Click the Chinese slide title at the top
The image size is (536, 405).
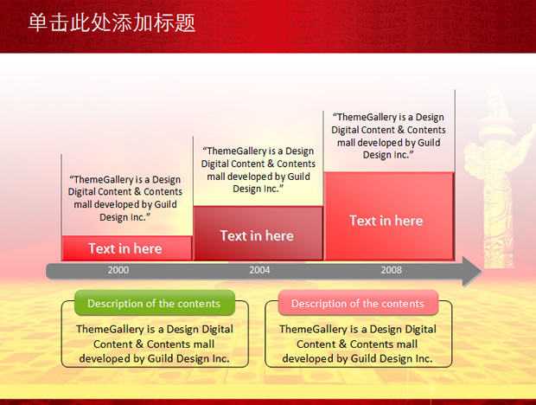(x=112, y=22)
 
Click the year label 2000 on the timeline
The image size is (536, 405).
(x=118, y=270)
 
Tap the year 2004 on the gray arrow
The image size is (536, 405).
(x=259, y=270)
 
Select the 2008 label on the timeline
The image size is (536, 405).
(x=392, y=270)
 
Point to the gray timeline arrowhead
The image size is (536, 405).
(x=472, y=272)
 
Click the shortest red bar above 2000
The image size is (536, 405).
(x=127, y=248)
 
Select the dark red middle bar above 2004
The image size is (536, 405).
(x=258, y=233)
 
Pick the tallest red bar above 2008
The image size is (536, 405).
(x=389, y=216)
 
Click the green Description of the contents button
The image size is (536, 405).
(x=155, y=303)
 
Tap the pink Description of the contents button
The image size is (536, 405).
(x=358, y=303)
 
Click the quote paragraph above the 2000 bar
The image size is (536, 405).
(x=125, y=198)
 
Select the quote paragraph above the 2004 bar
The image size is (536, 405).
(x=258, y=170)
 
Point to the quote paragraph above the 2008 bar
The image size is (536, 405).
(x=388, y=136)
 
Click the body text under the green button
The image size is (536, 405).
(x=155, y=344)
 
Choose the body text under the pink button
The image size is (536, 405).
(x=358, y=344)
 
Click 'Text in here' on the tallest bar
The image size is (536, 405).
(x=386, y=221)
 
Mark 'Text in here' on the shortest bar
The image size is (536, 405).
(x=125, y=248)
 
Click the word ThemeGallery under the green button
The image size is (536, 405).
(x=110, y=330)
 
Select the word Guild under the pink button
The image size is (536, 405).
(x=364, y=358)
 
